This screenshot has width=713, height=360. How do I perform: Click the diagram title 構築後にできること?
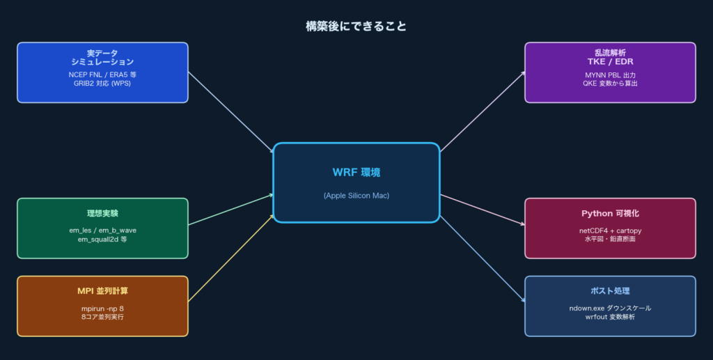click(356, 26)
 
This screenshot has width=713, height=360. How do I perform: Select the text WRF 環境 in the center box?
click(356, 172)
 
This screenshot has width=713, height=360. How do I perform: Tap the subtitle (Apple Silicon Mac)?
click(356, 196)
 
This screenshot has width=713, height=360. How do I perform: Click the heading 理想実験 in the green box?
click(102, 213)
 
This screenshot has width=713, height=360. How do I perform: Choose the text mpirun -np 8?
click(102, 308)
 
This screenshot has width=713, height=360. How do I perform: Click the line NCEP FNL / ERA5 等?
click(102, 74)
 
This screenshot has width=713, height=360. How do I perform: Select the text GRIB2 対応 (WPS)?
click(102, 83)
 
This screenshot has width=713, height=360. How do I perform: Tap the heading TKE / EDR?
click(609, 61)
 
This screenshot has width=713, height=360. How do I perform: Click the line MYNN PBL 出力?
click(609, 75)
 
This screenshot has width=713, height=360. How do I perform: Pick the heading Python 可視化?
click(609, 213)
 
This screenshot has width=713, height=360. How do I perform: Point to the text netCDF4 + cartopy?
click(609, 230)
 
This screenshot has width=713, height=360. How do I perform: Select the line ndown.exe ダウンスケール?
click(609, 308)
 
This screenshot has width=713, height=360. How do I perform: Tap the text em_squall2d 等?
click(102, 239)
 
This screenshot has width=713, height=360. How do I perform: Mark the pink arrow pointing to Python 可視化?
click(482, 210)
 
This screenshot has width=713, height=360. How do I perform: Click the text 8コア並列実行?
click(102, 317)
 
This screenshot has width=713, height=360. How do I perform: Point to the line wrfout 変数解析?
click(609, 317)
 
